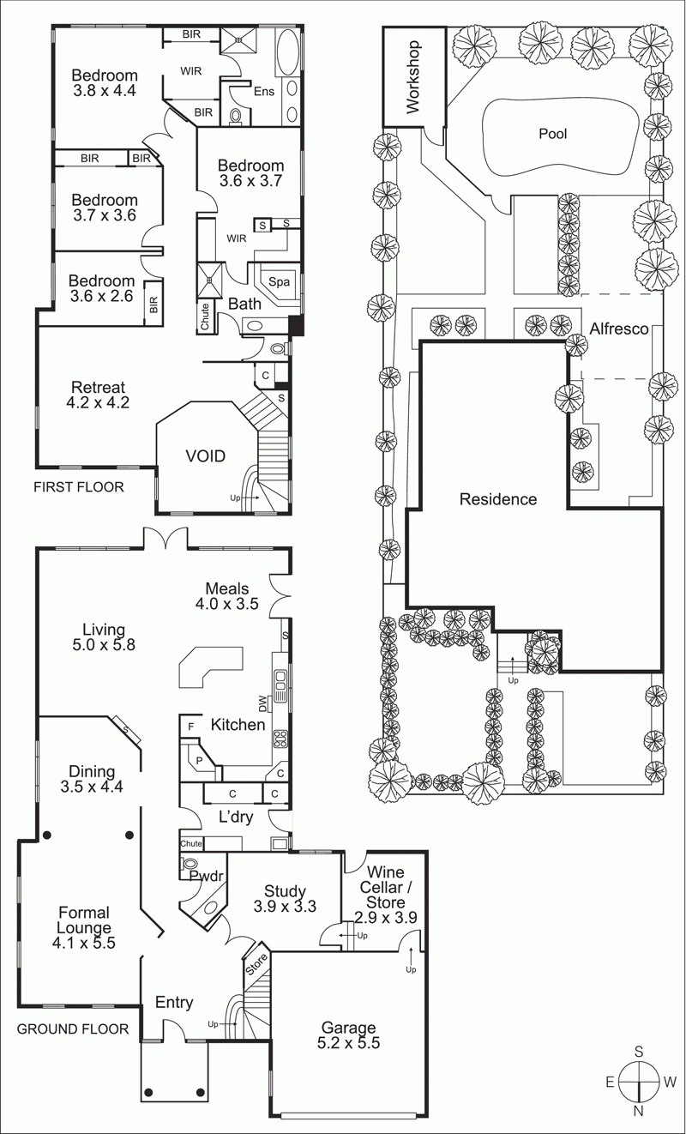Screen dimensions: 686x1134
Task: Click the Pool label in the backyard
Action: click(x=552, y=134)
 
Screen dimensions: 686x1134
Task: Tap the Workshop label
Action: click(x=413, y=77)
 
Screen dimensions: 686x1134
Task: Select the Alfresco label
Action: click(x=619, y=329)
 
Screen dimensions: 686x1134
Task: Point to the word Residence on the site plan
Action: click(x=498, y=499)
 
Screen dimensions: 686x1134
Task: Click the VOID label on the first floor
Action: click(x=206, y=456)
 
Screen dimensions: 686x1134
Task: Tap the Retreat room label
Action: click(x=98, y=395)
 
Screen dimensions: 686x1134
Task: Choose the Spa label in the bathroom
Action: click(x=279, y=282)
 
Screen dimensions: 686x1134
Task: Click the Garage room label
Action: click(x=348, y=1034)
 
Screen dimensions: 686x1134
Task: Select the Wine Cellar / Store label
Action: click(x=386, y=895)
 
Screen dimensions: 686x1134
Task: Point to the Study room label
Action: click(x=285, y=898)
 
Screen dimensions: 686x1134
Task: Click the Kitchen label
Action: click(x=238, y=725)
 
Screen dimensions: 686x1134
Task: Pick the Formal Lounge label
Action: click(x=83, y=927)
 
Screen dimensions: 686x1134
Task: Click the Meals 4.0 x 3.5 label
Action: click(x=226, y=596)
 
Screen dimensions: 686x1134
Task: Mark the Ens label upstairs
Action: click(x=264, y=91)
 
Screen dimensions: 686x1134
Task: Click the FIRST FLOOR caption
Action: click(x=78, y=487)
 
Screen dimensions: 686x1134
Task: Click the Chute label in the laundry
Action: click(x=191, y=843)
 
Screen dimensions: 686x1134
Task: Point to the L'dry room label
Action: click(x=236, y=816)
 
